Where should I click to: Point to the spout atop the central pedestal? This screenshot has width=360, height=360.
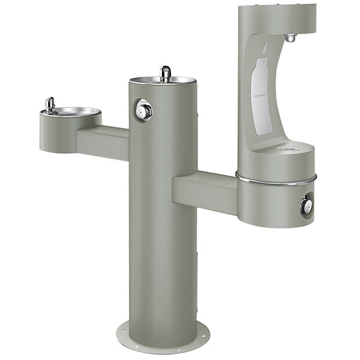[165, 73]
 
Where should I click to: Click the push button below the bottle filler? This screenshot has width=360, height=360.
[307, 206]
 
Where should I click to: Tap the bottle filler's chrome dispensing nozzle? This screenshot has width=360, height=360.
[290, 37]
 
